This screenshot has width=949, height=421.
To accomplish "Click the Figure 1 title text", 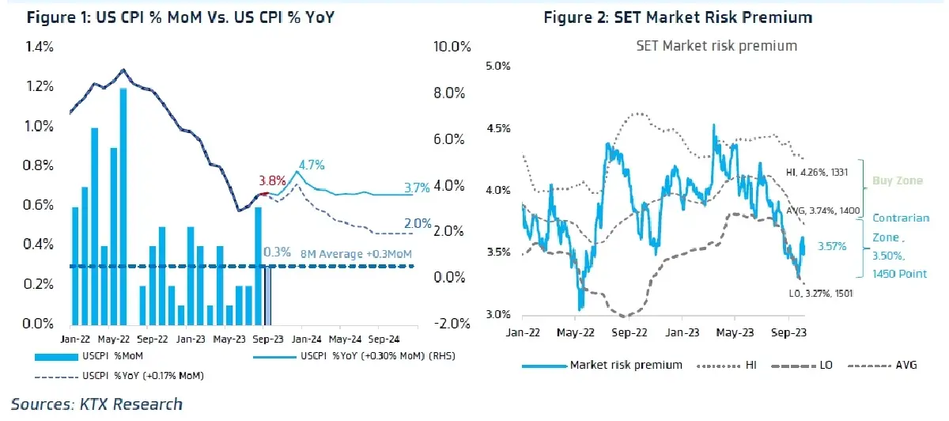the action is tap(180, 18).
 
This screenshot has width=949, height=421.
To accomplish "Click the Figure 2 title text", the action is tap(678, 18).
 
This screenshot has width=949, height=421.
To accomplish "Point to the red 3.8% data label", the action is tap(272, 180).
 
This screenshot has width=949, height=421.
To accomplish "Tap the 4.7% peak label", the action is tap(312, 165).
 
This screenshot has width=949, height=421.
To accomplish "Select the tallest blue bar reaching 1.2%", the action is tap(123, 207).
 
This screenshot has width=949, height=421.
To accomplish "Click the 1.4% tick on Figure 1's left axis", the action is tap(40, 47).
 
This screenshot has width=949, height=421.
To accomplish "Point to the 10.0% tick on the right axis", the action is tap(452, 47).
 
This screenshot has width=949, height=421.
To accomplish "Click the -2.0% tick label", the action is tap(452, 324).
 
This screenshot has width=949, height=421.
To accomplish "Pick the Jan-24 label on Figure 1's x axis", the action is tap(306, 339).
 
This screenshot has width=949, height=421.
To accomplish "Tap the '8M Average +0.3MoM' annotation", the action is tap(356, 254).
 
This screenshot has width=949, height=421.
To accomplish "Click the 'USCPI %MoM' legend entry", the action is tap(89, 356).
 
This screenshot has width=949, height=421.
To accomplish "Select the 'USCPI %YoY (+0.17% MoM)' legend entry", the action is tap(119, 376).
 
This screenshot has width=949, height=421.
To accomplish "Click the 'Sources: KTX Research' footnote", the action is tap(96, 404).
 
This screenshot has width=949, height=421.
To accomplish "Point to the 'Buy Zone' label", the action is tap(898, 181).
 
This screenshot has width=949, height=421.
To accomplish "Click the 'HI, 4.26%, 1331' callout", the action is tap(817, 173).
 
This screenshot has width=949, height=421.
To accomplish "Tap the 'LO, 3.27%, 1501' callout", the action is tap(821, 294).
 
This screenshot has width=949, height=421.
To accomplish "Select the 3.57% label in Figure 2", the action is tap(832, 246).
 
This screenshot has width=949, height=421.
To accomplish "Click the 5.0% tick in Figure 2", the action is tap(497, 66).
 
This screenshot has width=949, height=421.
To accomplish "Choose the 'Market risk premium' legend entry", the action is tap(602, 365).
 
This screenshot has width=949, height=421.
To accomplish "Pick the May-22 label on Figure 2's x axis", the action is tap(576, 332).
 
